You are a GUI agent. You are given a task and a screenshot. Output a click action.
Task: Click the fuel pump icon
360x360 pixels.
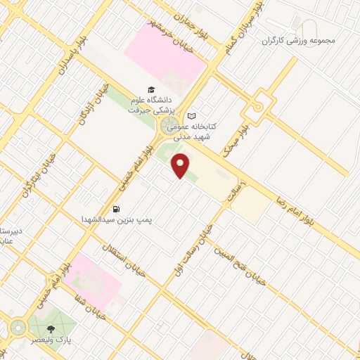coord(115,209)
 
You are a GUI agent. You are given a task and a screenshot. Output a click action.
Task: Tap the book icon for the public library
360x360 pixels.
coord(191,117)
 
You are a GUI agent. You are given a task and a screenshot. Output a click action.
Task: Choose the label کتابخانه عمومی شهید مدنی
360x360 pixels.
coord(214,131)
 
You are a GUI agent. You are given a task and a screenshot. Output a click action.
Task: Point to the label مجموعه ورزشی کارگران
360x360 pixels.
coord(299,40)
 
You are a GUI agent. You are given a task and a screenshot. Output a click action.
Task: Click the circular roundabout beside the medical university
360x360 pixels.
coord(169,127)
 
